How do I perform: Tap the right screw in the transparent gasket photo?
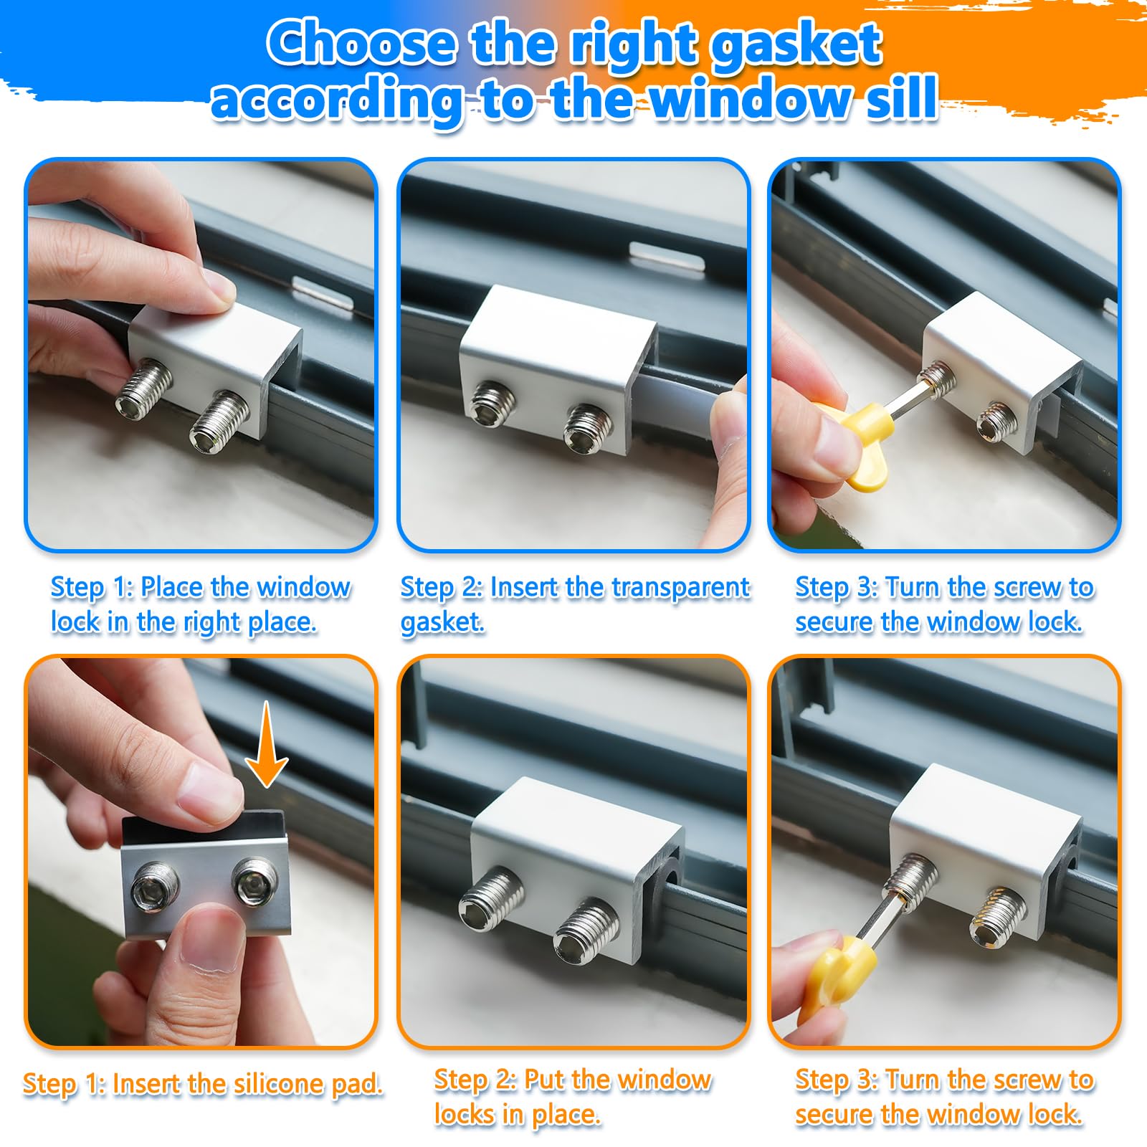(588, 428)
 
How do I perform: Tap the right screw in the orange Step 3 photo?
(999, 915)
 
